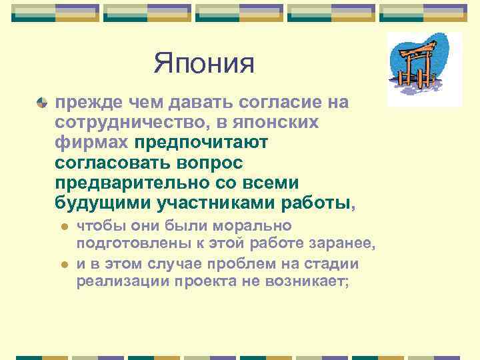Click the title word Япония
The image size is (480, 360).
[x=205, y=64]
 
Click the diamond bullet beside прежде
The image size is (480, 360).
[x=42, y=103]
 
